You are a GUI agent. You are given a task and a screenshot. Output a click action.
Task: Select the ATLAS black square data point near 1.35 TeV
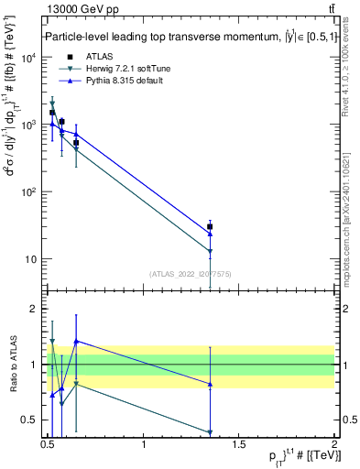tap(210, 226)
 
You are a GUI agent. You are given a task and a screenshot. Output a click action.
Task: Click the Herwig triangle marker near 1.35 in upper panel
tap(210, 251)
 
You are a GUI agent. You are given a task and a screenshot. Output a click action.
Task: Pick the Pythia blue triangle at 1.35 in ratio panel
tap(210, 384)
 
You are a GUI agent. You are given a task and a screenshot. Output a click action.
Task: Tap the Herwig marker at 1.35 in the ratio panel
tap(210, 432)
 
